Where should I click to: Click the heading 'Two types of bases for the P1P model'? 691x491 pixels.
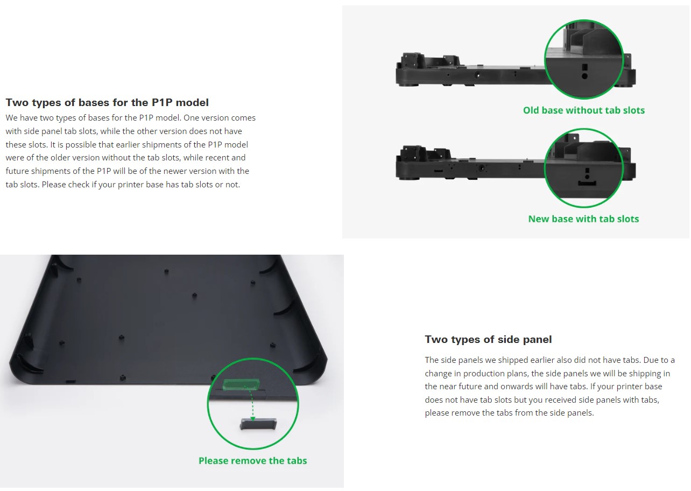(107, 102)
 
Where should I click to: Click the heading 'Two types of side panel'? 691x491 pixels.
(488, 340)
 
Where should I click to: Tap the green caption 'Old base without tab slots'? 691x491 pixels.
(584, 110)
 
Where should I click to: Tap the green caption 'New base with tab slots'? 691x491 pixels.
(583, 219)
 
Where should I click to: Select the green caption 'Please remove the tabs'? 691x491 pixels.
(252, 460)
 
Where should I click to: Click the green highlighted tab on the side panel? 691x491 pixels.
(241, 385)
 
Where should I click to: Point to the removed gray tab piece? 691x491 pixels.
(258, 424)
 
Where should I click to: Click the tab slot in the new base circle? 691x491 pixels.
(587, 184)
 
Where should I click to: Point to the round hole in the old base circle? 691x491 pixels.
(584, 76)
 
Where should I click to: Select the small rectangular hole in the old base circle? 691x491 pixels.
(584, 67)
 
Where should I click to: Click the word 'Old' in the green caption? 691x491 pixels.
(531, 110)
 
